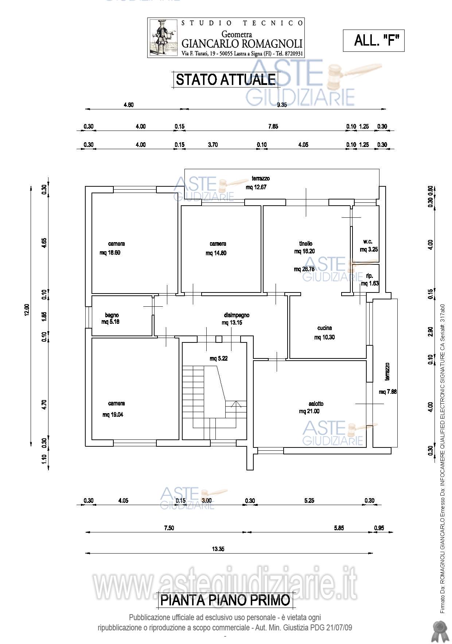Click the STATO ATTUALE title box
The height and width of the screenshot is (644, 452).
click(x=225, y=79)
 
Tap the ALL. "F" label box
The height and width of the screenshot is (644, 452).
click(x=374, y=40)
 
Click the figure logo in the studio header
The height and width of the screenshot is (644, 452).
click(x=163, y=38)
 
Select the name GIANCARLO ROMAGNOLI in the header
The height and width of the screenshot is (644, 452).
click(x=242, y=44)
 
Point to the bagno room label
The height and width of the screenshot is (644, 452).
click(x=112, y=315)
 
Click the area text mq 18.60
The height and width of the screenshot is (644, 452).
click(x=110, y=253)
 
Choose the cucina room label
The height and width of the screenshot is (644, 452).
click(x=324, y=328)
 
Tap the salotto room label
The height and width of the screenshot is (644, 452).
click(x=316, y=404)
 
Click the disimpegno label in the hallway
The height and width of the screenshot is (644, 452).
click(x=237, y=315)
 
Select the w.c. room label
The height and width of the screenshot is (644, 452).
click(x=368, y=242)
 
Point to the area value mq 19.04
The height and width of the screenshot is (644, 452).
click(x=113, y=415)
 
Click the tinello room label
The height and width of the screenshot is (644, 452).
click(x=306, y=244)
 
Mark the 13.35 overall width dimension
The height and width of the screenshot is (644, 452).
click(x=218, y=549)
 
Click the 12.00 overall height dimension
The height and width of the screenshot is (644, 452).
click(x=28, y=311)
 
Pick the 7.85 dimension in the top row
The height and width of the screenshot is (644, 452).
click(x=273, y=127)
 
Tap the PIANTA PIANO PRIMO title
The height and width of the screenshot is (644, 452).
click(x=226, y=600)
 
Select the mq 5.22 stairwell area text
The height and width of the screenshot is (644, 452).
click(x=219, y=358)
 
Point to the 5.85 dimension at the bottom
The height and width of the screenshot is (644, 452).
click(x=339, y=528)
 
